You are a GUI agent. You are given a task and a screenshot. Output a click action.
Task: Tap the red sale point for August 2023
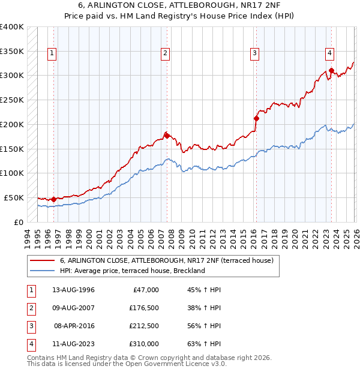tap(331, 71)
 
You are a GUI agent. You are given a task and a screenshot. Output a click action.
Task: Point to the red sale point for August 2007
tap(167, 136)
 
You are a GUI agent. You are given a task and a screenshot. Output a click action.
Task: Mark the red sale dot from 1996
tap(53, 199)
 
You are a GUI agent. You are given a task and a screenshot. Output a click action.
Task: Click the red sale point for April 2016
tap(256, 118)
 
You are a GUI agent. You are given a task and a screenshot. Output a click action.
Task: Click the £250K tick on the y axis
tap(12, 100)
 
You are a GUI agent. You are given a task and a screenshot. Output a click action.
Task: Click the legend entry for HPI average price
tap(133, 271)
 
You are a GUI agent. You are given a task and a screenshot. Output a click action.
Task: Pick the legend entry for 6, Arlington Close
tap(167, 260)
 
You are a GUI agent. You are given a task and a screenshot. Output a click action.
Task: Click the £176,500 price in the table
tap(143, 308)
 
